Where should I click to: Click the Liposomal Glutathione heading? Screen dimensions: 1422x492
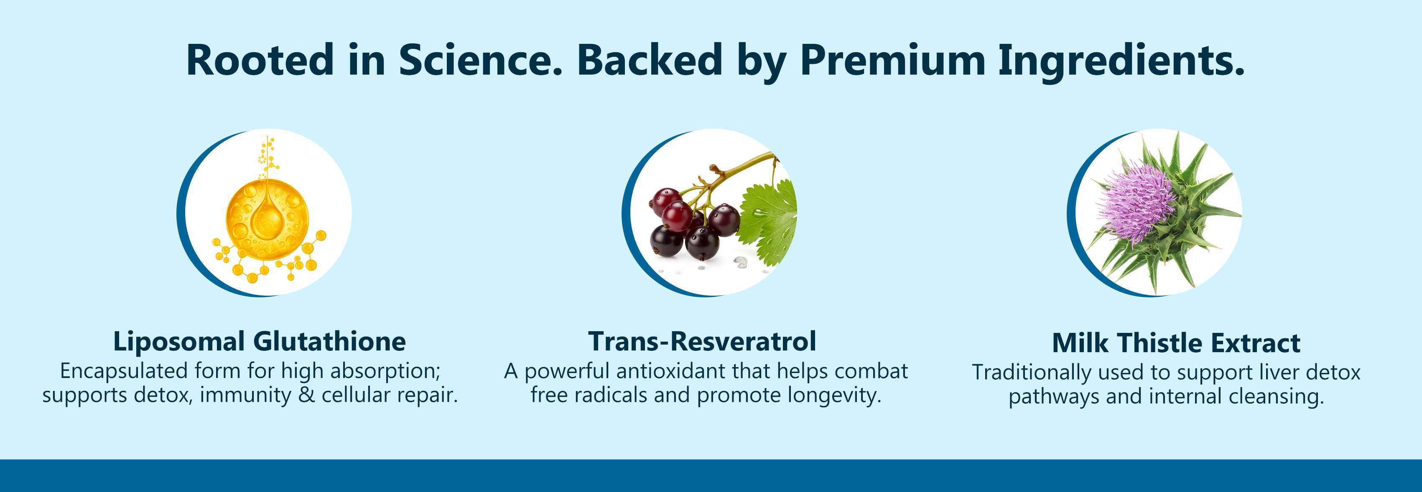pos(260,342)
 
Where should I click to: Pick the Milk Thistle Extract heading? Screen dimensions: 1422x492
pos(1176,343)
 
